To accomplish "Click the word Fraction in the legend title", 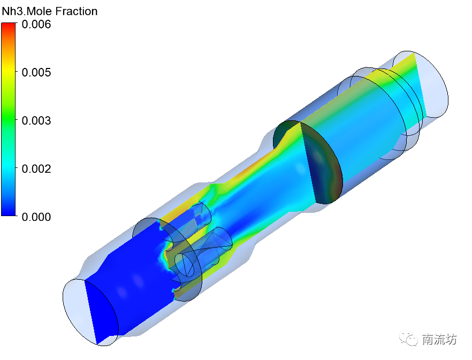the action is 77,11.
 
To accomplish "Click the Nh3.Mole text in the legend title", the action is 27,11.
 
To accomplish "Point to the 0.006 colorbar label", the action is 36,25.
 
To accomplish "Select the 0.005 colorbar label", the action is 36,73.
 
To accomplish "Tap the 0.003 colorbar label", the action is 36,121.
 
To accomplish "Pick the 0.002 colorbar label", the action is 36,169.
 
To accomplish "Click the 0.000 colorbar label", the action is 36,217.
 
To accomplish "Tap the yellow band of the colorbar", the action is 8,71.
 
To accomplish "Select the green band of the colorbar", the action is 8,119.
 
